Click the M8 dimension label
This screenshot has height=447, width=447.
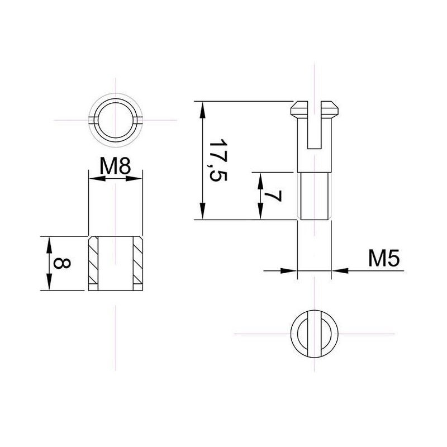(x=115, y=166)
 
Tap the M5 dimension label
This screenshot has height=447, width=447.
(x=384, y=258)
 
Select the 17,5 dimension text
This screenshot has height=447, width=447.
(x=218, y=160)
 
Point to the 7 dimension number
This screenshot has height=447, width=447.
(x=273, y=196)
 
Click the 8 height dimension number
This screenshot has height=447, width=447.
(x=62, y=263)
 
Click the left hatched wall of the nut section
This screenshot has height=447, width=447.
(x=93, y=263)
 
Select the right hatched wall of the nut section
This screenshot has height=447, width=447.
(x=138, y=263)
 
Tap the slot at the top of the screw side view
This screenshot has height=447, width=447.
(x=315, y=125)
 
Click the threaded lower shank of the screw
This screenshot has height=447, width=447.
(x=315, y=196)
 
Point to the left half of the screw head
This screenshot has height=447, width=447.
(x=299, y=110)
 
